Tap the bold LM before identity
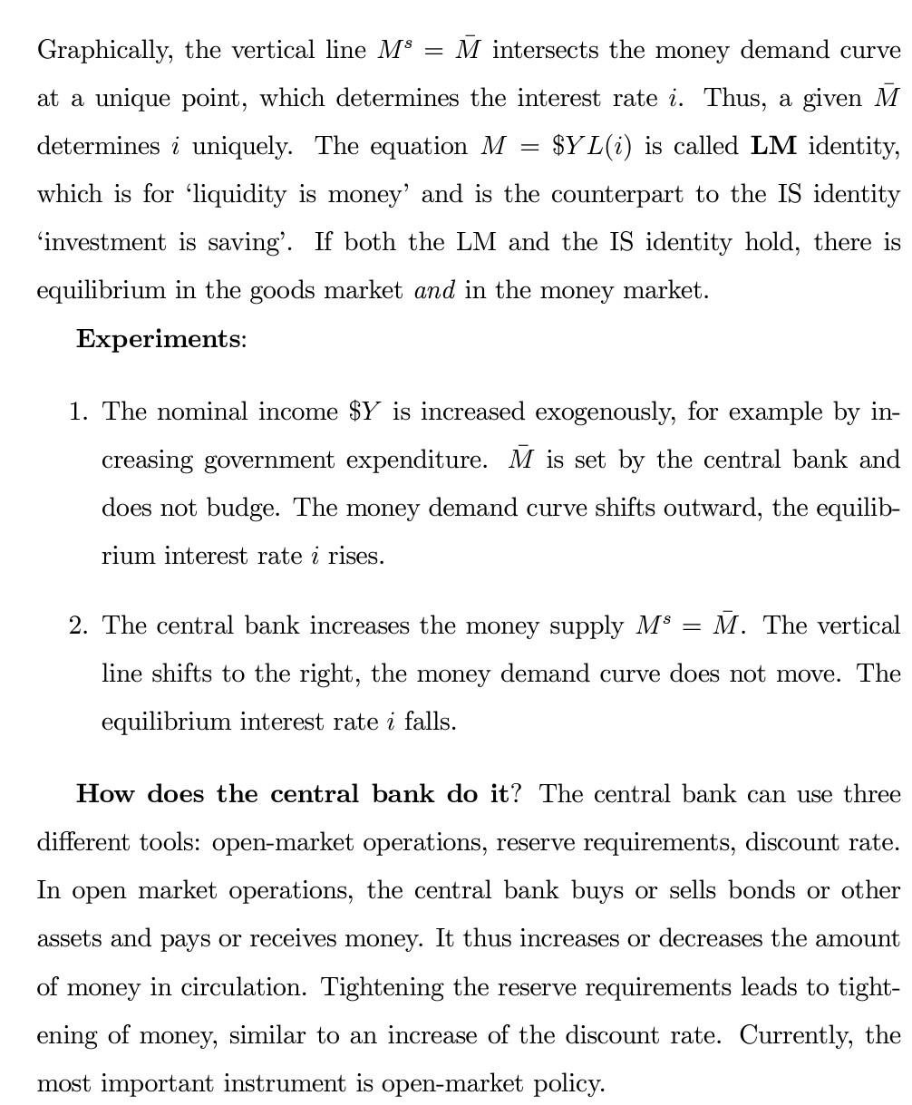[x=773, y=146]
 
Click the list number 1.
[x=78, y=412]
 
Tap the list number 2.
[x=78, y=626]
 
